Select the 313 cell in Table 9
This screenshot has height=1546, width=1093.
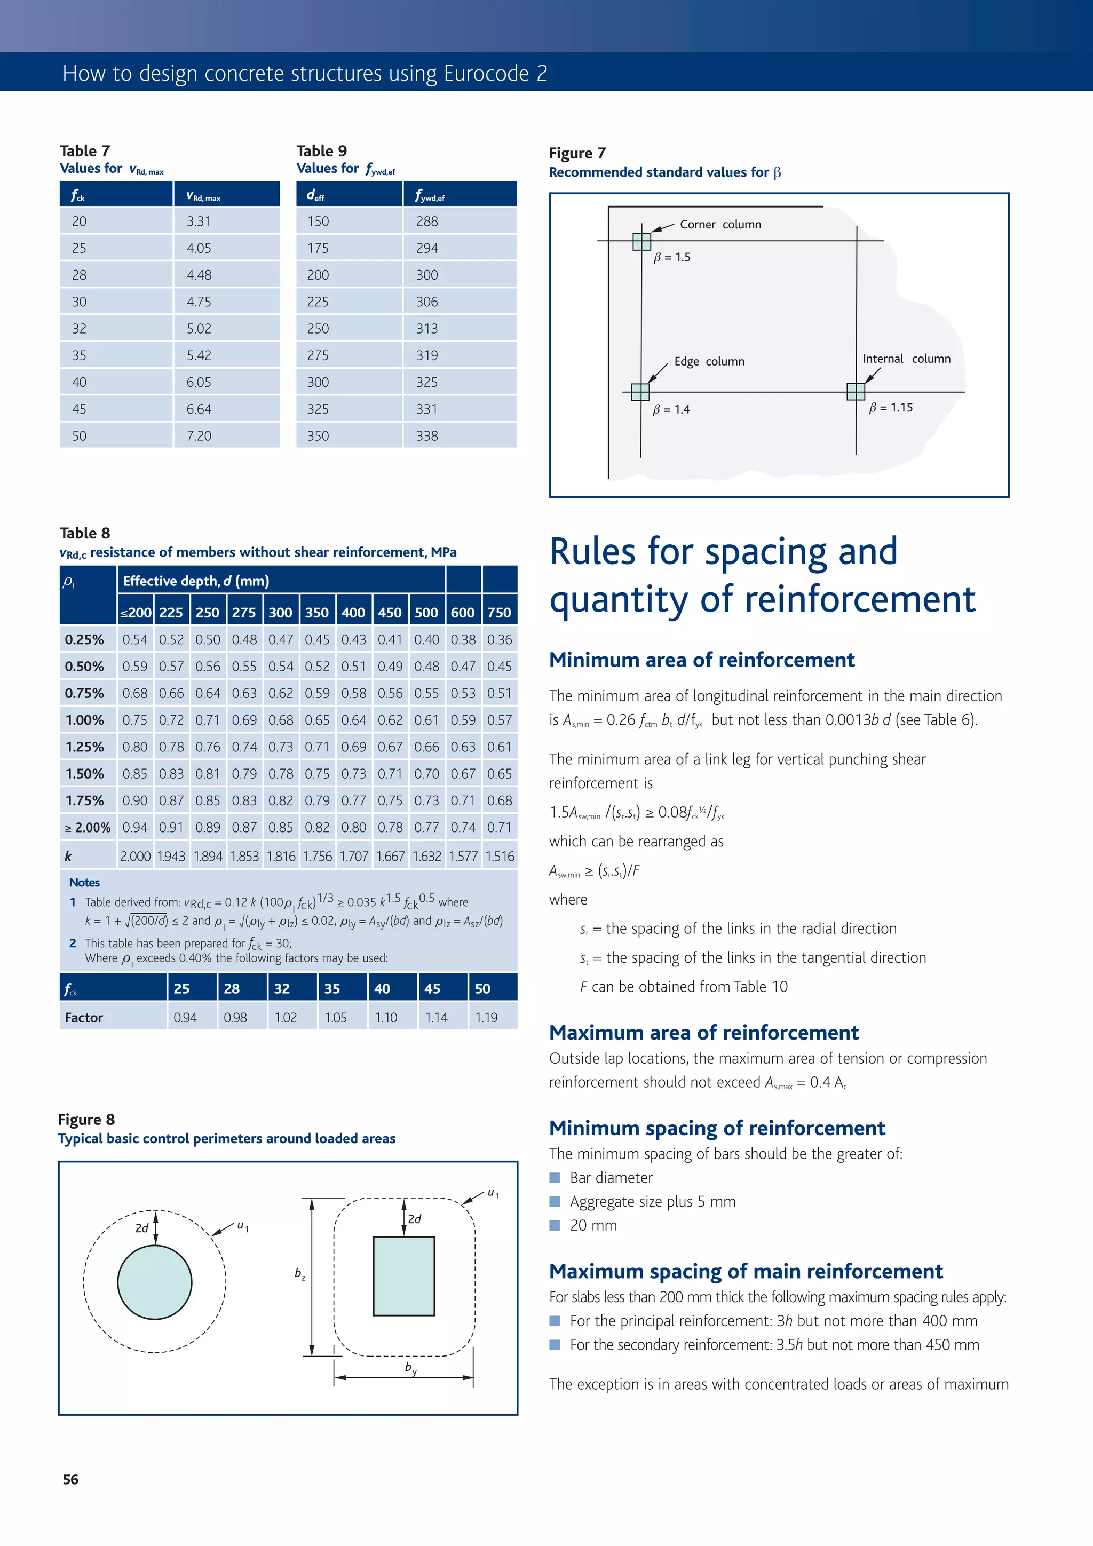(x=427, y=329)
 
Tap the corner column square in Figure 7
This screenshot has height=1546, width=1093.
(x=642, y=241)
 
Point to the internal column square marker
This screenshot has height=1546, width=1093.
(x=856, y=391)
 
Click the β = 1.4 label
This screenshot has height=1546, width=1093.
(x=671, y=409)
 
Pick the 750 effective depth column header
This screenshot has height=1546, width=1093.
(x=499, y=613)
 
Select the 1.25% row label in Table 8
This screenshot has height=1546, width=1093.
(x=85, y=747)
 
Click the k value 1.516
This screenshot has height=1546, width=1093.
(x=500, y=857)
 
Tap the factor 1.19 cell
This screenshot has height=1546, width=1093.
(x=486, y=1018)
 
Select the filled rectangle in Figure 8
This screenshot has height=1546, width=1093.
(x=404, y=1275)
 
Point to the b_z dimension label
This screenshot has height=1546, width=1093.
(x=300, y=1273)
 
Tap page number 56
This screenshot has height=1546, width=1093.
(x=70, y=1479)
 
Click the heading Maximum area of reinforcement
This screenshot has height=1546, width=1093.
(x=704, y=1032)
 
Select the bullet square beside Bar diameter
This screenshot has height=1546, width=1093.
(x=555, y=1177)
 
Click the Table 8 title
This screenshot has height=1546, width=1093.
(x=85, y=533)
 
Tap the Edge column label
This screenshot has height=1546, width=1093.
(x=709, y=362)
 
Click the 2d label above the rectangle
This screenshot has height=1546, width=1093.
(x=415, y=1219)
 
